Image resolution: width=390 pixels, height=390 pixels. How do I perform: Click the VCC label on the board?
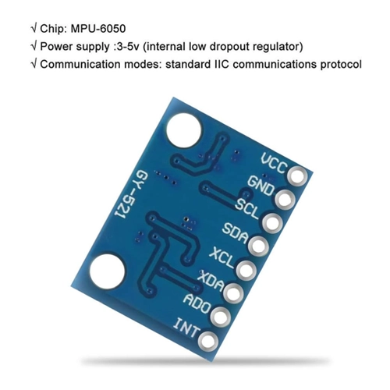[x=274, y=163]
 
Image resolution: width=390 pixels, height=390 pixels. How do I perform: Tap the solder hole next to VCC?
[x=298, y=176]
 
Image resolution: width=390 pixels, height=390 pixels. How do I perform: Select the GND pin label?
[x=261, y=185]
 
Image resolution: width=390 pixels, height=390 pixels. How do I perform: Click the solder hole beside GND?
[x=284, y=200]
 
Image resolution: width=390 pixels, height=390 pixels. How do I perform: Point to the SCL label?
[x=247, y=208]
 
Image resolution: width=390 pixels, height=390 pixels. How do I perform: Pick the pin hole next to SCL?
[x=272, y=222]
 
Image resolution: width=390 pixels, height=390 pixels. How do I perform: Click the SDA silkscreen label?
[x=235, y=233]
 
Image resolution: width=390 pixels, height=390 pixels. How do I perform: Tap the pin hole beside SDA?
[x=258, y=246]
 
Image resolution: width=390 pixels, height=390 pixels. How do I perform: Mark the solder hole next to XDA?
[x=233, y=293]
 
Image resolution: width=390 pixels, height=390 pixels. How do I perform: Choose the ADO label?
[x=197, y=303]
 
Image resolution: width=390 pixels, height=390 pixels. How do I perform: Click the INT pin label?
[x=186, y=328]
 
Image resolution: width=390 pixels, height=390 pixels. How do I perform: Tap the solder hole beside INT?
[x=208, y=340]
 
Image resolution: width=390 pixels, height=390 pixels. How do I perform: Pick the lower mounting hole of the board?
[x=107, y=271]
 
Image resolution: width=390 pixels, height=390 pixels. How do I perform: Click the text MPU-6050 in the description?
[x=98, y=29]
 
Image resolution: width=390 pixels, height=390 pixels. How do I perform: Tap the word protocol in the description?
[x=341, y=65]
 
